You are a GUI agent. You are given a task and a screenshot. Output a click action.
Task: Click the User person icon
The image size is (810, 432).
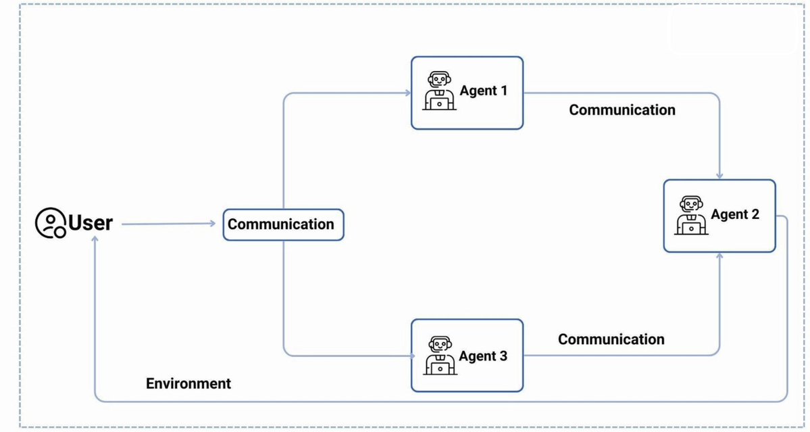50,222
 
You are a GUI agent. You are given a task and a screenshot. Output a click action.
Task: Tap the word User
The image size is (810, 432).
91,222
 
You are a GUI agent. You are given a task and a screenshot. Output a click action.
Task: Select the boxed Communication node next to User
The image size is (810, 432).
283,224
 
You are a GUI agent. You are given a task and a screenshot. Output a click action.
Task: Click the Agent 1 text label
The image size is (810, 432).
484,91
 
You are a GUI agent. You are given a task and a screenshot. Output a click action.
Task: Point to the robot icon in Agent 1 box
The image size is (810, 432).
439,91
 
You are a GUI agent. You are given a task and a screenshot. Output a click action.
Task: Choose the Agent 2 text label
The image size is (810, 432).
735,214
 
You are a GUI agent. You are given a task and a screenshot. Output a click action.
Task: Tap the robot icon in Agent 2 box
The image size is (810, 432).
691,216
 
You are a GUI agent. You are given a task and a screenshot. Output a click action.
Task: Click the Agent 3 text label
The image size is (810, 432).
483,356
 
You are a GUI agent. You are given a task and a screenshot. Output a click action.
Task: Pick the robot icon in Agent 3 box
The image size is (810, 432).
440,356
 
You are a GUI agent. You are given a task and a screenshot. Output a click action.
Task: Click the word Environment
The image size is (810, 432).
188,383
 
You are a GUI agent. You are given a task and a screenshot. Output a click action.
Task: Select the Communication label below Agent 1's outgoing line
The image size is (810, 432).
622,110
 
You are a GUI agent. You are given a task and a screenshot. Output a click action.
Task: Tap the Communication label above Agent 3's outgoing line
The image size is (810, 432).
611,339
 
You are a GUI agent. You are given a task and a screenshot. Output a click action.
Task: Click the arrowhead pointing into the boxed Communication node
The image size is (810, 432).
212,223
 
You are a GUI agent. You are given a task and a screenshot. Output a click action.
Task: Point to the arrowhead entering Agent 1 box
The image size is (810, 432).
407,93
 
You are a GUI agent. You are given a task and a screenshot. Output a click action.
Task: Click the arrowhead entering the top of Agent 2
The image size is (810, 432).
719,176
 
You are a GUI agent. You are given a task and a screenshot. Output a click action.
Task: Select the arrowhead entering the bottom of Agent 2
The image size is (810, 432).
719,256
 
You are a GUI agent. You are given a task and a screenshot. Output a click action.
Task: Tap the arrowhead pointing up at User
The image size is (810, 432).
95,240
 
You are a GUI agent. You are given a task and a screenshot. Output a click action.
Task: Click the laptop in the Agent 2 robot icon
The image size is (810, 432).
691,228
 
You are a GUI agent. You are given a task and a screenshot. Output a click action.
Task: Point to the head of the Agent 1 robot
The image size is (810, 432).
439,80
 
